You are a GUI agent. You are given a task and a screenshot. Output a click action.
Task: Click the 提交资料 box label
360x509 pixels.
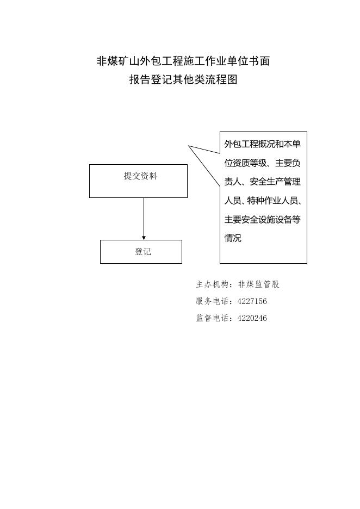click(x=140, y=176)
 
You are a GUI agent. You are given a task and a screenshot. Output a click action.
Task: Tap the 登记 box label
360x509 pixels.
click(x=143, y=252)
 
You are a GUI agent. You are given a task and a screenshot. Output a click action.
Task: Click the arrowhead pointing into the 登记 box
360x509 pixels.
click(x=144, y=238)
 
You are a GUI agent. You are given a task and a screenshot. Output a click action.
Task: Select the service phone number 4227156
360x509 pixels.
click(x=252, y=301)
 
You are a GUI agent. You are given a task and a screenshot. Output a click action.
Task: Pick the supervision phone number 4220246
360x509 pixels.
click(x=252, y=318)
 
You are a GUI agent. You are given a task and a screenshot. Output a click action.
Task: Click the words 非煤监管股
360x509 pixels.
click(x=259, y=284)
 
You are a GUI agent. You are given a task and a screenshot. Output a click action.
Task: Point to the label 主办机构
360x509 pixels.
click(x=212, y=284)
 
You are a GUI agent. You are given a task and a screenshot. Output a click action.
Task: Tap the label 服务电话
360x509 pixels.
click(x=212, y=301)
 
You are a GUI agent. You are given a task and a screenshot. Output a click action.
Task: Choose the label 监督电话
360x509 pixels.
click(x=212, y=318)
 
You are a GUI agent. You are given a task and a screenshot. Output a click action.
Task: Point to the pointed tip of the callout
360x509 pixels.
click(x=189, y=146)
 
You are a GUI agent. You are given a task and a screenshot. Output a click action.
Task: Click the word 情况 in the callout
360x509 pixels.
click(x=233, y=238)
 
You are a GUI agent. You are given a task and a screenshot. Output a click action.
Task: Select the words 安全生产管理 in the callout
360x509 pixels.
click(x=275, y=182)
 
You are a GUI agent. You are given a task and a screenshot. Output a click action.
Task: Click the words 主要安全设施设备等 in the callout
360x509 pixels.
click(x=263, y=220)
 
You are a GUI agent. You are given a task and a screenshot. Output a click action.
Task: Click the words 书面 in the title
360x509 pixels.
click(x=259, y=61)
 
